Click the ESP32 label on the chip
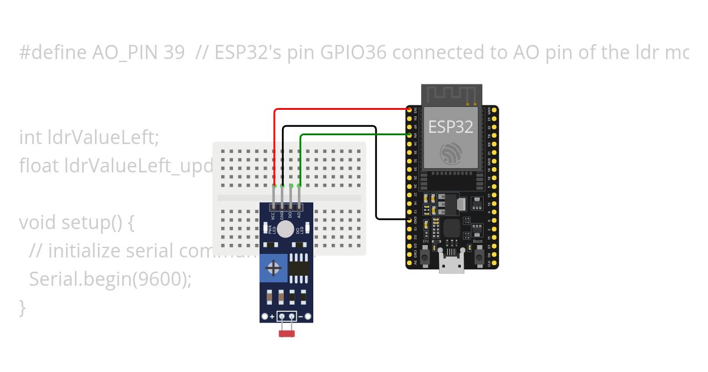click(451, 126)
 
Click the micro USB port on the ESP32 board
click(451, 266)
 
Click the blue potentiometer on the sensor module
click(273, 269)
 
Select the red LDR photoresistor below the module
click(287, 334)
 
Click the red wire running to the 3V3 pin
click(342, 109)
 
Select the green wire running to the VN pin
click(354, 135)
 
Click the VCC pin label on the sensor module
click(274, 216)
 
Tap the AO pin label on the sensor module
click(300, 216)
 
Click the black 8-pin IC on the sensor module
click(299, 269)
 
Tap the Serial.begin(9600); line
click(110, 279)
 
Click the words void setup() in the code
click(77, 223)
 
